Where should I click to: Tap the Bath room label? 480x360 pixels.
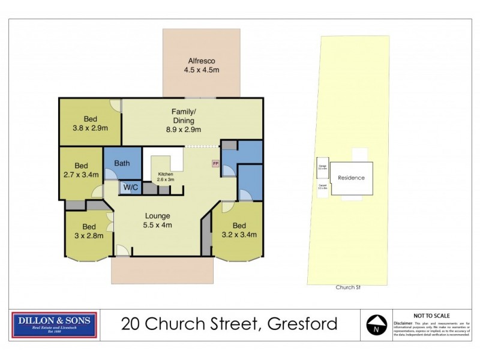pos(122,163)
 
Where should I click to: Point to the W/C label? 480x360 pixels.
pos(130,188)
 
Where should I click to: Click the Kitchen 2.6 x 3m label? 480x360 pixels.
pos(161,177)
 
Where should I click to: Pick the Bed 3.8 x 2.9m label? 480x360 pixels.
pos(90,122)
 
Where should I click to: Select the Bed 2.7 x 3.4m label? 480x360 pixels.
pos(82,170)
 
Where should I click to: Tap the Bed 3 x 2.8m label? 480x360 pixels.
pos(89,231)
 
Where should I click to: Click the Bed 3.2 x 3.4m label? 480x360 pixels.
pos(239,230)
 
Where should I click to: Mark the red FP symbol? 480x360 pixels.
pos(215,163)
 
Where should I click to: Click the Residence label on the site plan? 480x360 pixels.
pos(351,178)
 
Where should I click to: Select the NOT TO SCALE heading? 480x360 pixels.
pos(431,315)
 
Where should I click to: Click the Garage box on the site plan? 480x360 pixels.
pos(323,166)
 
